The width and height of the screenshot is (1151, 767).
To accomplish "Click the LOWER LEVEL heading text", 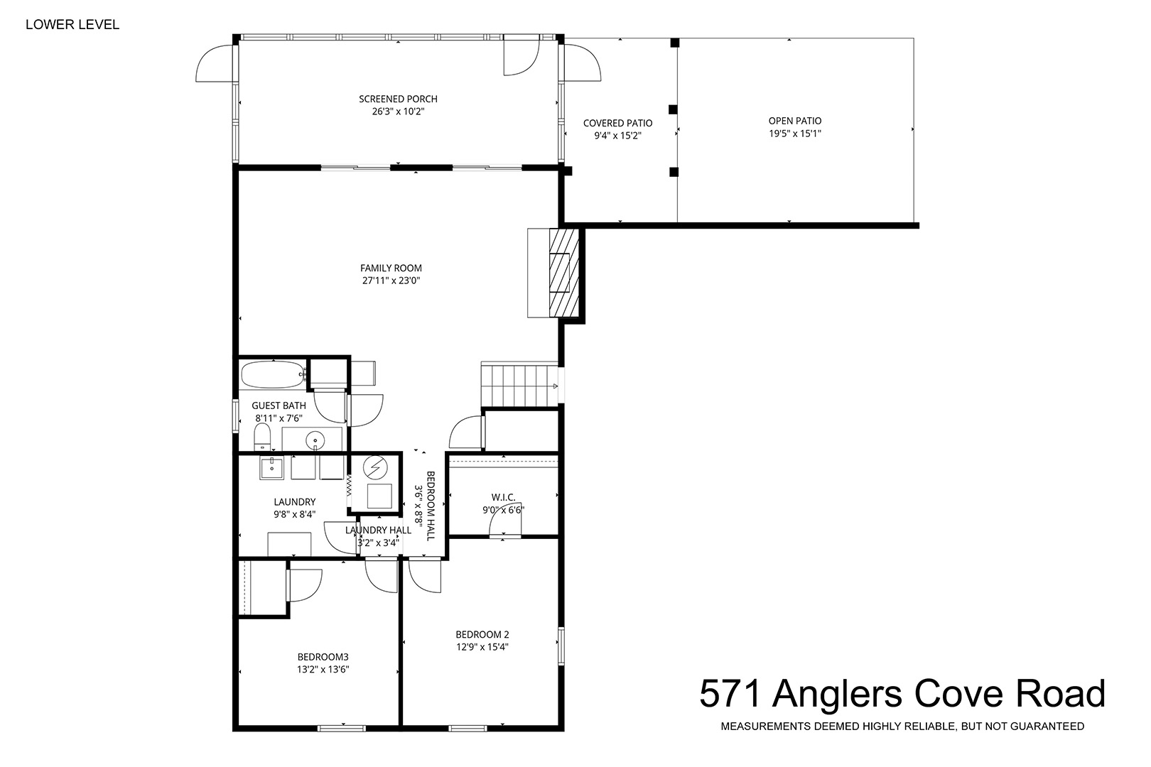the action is click(x=72, y=24).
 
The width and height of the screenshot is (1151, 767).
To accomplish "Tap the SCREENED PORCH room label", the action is click(x=398, y=99).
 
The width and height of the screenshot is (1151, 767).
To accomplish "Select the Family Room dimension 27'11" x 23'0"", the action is click(x=391, y=281).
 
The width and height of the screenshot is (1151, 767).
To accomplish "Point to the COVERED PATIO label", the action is click(x=617, y=124).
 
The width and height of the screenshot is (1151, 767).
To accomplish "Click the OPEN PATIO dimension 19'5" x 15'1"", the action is click(x=795, y=134).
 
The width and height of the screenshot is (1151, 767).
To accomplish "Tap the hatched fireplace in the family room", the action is click(x=564, y=273).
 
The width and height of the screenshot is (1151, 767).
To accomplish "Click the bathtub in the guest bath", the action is click(x=274, y=375).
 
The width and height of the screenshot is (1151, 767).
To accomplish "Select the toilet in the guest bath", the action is click(x=262, y=437).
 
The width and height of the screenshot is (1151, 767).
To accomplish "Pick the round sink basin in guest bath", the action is click(x=315, y=440).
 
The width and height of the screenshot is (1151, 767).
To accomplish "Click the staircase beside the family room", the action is click(x=519, y=386).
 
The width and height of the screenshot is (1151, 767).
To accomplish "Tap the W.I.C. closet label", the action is click(x=503, y=497).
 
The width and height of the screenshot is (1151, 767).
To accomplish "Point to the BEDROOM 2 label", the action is click(x=482, y=634).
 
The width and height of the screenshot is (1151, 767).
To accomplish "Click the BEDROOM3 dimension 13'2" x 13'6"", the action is click(x=323, y=670).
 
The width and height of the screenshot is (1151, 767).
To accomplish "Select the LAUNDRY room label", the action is click(x=294, y=502).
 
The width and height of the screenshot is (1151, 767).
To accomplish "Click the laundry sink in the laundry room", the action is click(x=271, y=468).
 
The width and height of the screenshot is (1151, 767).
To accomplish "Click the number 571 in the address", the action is click(x=730, y=694).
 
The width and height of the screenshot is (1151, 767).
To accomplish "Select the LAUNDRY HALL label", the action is click(x=378, y=531).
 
